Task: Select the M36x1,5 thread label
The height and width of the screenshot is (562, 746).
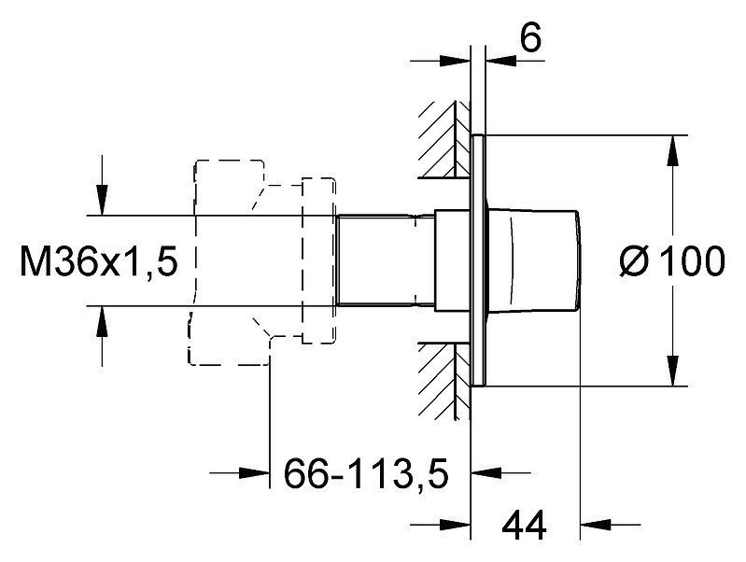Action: point(98,260)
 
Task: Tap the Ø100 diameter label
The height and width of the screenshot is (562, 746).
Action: point(672,260)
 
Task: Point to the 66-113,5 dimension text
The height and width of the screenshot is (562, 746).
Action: point(366,473)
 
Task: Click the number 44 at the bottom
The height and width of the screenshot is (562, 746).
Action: point(525,526)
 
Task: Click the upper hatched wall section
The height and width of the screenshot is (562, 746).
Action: point(443,139)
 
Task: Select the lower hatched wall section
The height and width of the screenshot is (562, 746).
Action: point(443,381)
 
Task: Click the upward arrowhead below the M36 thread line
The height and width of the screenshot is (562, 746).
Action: point(102,320)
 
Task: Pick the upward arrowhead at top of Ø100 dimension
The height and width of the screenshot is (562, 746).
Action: point(672,150)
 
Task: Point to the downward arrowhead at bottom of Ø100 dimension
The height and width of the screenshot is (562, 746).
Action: point(672,371)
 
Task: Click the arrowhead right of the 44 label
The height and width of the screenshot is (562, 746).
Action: point(596,525)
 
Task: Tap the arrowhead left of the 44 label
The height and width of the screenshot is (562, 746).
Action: point(455,525)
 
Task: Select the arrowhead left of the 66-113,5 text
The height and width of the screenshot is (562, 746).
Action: point(254,473)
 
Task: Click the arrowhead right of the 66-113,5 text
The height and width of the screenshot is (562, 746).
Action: point(486,473)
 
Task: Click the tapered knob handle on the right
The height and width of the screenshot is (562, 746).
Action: point(533,260)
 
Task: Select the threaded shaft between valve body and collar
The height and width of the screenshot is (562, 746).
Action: point(386,260)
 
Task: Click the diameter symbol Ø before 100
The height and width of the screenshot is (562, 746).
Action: point(635,260)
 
